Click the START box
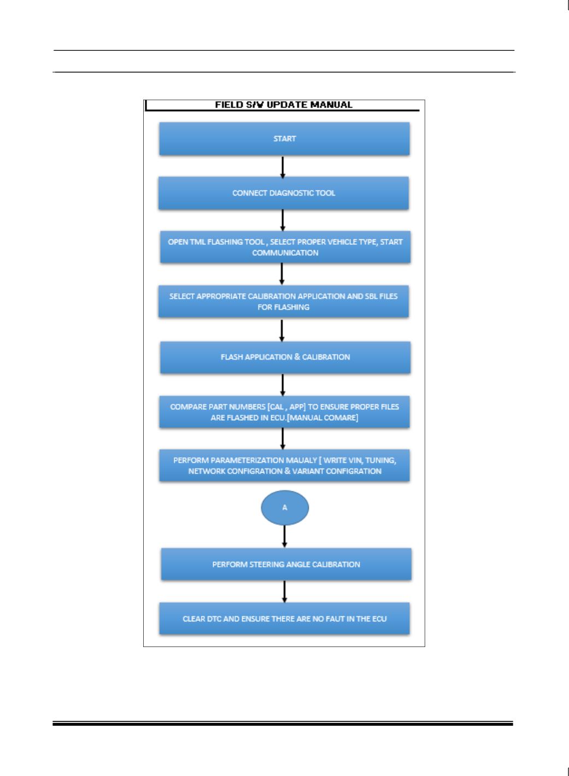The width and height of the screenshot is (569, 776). [x=284, y=139]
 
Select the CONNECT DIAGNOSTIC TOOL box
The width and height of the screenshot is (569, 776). [x=284, y=193]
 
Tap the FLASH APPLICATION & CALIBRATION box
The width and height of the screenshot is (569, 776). [x=285, y=357]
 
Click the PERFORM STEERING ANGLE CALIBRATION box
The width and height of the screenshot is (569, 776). [x=286, y=565]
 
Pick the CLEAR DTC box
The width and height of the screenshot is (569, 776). [x=284, y=619]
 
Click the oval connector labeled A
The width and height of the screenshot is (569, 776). [x=285, y=508]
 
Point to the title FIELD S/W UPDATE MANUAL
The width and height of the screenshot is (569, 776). [x=284, y=104]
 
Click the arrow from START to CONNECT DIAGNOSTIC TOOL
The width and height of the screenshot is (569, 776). [x=283, y=167]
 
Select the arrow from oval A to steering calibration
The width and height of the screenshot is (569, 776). [x=284, y=536]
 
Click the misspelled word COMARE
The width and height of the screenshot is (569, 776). [x=342, y=418]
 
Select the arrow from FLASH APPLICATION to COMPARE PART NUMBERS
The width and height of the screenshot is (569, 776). [x=283, y=385]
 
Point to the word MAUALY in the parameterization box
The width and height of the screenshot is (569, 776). [x=301, y=460]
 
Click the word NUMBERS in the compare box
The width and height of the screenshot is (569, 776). [x=248, y=407]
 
